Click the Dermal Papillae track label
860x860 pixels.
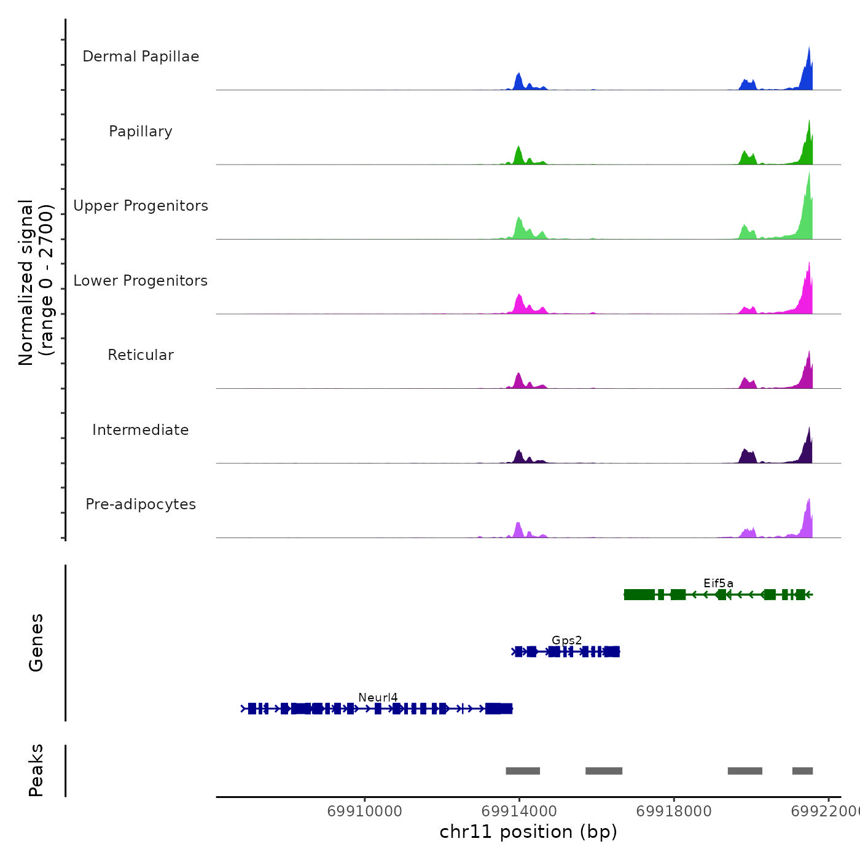(141, 57)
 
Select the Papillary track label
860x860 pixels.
(141, 131)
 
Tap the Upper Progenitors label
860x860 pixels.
(141, 206)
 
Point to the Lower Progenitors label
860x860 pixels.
(141, 281)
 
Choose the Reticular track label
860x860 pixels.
(141, 355)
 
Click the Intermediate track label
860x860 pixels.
(141, 430)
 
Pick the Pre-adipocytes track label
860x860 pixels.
(141, 504)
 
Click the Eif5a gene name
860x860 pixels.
(718, 584)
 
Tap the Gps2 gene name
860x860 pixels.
(566, 641)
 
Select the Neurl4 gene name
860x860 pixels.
(378, 698)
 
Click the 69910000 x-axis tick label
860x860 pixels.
(364, 811)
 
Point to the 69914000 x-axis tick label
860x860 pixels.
(519, 811)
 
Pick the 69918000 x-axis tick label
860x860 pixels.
(674, 811)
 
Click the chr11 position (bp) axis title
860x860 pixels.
(528, 832)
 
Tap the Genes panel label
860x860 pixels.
(36, 643)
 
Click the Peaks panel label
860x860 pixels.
(36, 770)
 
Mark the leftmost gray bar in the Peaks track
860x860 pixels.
(523, 771)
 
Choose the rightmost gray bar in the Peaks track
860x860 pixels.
(802, 771)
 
